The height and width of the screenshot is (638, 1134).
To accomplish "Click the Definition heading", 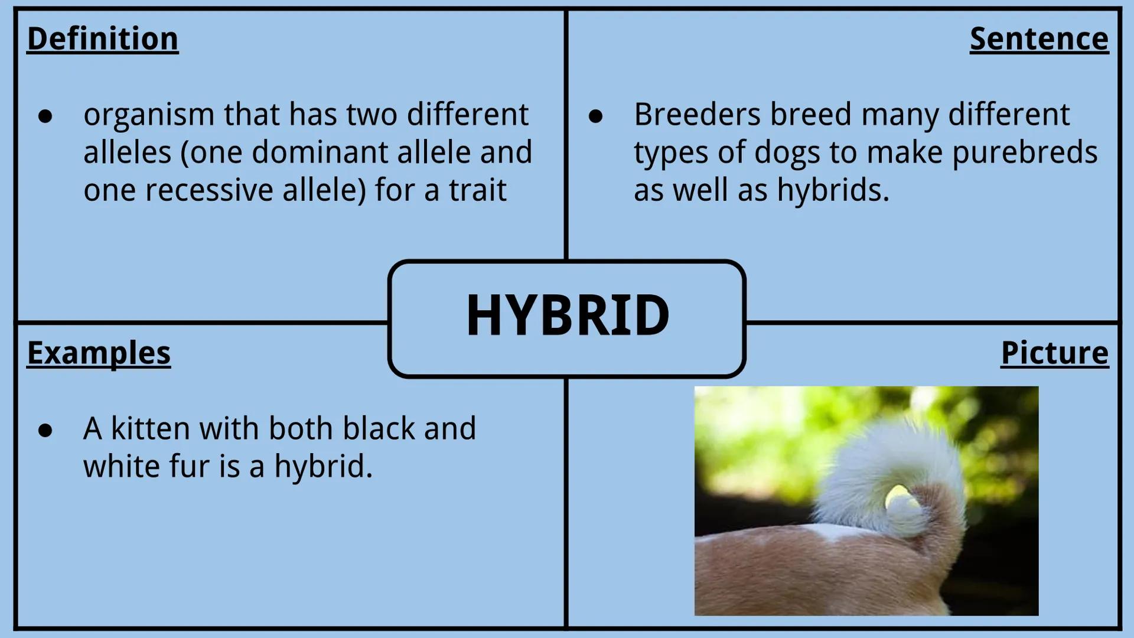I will tap(103, 39).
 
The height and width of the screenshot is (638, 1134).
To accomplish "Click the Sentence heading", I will tap(1039, 39).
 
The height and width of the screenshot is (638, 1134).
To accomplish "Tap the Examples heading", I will tap(99, 353).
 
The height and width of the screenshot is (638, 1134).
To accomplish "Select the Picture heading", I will tap(1054, 353).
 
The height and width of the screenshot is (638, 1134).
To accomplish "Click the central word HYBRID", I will tap(567, 315).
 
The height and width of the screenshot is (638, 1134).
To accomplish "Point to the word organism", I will tap(148, 115).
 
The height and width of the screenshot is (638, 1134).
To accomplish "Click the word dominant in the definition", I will tap(320, 152).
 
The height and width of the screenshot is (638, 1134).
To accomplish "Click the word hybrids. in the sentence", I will tap(833, 190).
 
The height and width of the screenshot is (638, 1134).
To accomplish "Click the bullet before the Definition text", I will tap(45, 116).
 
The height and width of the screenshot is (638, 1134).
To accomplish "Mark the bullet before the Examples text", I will tap(45, 431).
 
